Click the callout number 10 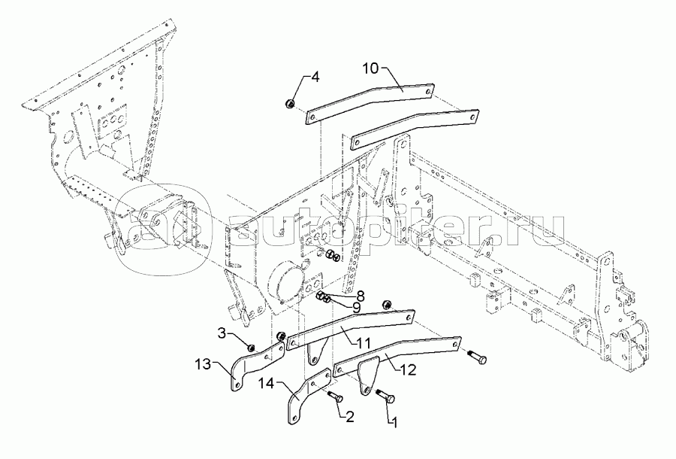tap(370, 68)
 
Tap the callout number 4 tap(315, 78)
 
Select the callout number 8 tap(360, 296)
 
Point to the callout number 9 tap(356, 308)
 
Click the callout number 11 tap(364, 344)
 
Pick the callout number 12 tap(409, 369)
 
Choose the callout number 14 tap(266, 383)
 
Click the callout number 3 tap(222, 333)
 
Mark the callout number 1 tap(393, 422)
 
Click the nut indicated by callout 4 tap(290, 104)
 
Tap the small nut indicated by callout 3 tap(250, 347)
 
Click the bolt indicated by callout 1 tap(386, 397)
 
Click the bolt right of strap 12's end tap(477, 356)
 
